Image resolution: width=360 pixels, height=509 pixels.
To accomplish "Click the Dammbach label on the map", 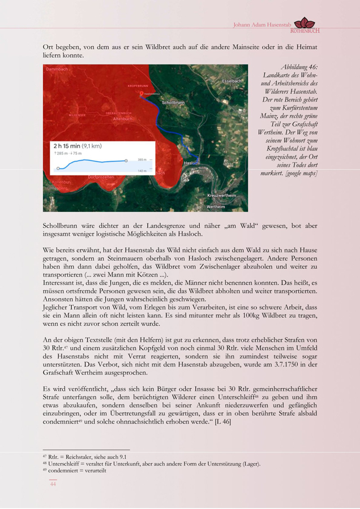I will coord(57,69).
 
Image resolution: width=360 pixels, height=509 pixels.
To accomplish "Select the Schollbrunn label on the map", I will coord(173,103).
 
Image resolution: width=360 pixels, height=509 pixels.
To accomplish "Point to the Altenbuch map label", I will coord(123,119).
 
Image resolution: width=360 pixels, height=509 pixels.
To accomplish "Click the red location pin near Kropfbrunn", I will coord(141,94).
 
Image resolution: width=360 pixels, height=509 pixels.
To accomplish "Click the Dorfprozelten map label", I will coord(101,177).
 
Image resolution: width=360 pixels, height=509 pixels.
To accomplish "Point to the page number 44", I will coord(53,484).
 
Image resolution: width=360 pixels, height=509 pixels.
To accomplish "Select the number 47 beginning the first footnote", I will coord(45,456).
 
